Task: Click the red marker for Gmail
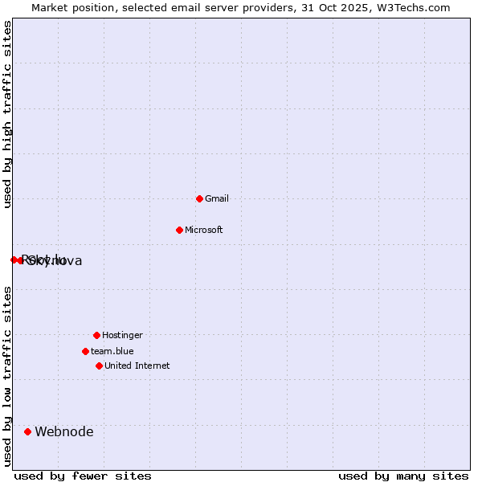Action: click(199, 198)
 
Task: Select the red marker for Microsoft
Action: click(179, 230)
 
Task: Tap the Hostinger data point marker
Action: click(96, 335)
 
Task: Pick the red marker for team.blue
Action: click(85, 351)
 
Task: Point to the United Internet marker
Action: click(99, 366)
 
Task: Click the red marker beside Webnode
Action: click(27, 431)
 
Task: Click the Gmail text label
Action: click(217, 198)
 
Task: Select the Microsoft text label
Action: click(204, 230)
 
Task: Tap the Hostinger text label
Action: click(122, 335)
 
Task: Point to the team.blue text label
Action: click(112, 351)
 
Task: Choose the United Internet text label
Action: click(137, 366)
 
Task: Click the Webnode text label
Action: click(64, 431)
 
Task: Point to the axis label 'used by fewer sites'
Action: click(83, 476)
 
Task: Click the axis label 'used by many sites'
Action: click(403, 476)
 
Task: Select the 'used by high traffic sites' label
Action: click(7, 114)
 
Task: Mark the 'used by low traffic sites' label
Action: click(7, 376)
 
